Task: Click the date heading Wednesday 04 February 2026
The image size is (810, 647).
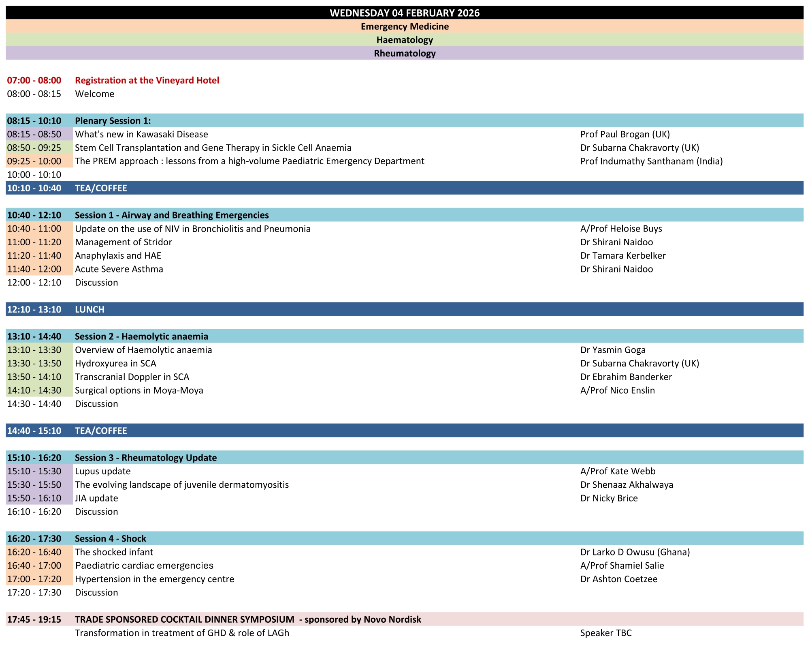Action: (x=404, y=13)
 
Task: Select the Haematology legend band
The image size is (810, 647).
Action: (x=404, y=40)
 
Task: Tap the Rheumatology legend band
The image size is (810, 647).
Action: (x=404, y=54)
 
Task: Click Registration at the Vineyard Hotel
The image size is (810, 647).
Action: (x=147, y=80)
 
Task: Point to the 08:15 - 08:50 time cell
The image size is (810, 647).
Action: (x=34, y=134)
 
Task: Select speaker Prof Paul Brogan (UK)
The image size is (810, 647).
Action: (x=625, y=134)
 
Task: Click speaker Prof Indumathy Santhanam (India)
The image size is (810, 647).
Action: (x=651, y=161)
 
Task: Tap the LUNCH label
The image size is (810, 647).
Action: (x=90, y=309)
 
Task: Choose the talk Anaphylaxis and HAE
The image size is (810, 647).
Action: (x=118, y=255)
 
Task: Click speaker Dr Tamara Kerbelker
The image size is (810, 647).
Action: (x=623, y=255)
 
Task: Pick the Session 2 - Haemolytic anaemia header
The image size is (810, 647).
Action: (x=141, y=336)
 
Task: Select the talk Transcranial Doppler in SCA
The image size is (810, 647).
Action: (x=132, y=377)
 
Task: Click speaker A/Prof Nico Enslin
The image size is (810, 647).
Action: (x=617, y=390)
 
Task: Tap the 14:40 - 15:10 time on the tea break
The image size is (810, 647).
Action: (x=34, y=431)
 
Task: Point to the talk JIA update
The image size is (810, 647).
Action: (x=96, y=498)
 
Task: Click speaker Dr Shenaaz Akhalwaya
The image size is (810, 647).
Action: (x=627, y=485)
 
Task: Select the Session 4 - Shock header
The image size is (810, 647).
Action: (x=110, y=538)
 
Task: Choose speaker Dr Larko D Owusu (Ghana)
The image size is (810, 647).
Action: (x=635, y=552)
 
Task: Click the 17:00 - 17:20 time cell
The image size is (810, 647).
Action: (x=34, y=579)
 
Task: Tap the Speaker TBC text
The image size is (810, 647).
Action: (x=606, y=633)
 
